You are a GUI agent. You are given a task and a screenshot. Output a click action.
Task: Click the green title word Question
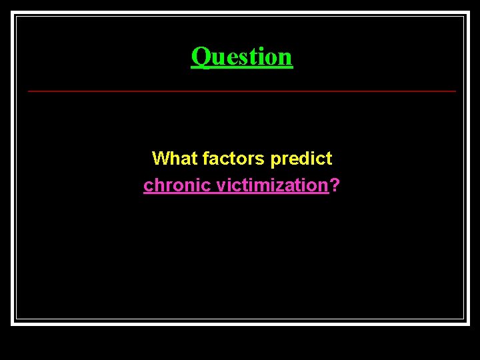click(x=241, y=57)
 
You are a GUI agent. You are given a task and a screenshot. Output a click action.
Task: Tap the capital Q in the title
click(x=199, y=57)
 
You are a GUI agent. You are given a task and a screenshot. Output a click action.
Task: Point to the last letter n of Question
click(x=286, y=58)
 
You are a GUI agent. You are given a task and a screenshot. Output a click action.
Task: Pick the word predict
click(x=301, y=159)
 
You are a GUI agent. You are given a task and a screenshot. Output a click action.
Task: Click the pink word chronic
click(x=177, y=185)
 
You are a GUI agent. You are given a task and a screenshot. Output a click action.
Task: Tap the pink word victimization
click(x=273, y=185)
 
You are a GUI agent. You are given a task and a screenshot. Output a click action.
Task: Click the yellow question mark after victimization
click(x=334, y=185)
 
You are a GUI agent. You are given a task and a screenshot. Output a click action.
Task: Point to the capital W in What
click(x=161, y=159)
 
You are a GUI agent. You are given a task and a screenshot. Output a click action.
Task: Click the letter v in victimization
click(x=221, y=186)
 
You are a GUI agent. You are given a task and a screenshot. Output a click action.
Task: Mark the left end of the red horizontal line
click(x=29, y=91)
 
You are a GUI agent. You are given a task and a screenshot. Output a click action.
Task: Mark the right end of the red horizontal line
click(x=455, y=91)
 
